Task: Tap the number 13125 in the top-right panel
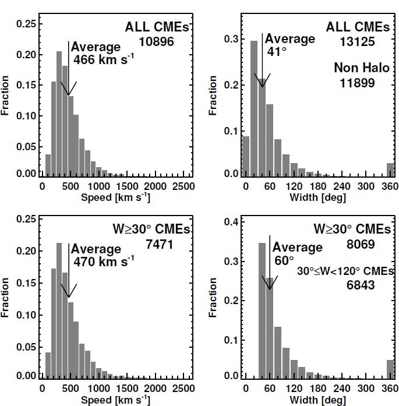(x=357, y=41)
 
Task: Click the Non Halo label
(x=357, y=68)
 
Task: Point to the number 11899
(x=357, y=83)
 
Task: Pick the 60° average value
(x=284, y=261)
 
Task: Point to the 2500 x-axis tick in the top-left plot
(x=183, y=186)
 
